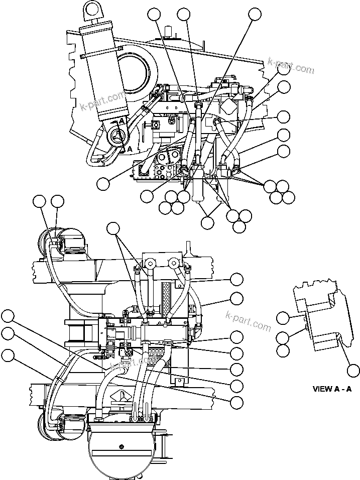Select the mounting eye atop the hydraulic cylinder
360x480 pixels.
pos(90,9)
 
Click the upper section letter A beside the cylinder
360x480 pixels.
pos(122,121)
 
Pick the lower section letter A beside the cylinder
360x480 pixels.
pos(129,149)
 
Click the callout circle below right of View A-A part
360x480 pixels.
pos(353,371)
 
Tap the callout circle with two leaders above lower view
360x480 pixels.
pos(113,229)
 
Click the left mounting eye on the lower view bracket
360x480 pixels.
pos(150,262)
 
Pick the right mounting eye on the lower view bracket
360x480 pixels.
pos(174,262)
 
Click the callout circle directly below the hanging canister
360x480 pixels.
pos(208,222)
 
